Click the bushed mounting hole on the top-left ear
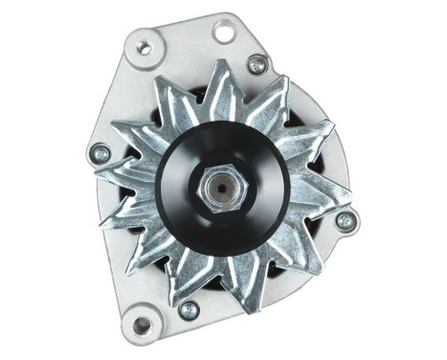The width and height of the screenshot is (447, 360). click(145, 45)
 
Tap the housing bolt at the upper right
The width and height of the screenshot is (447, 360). click(257, 64)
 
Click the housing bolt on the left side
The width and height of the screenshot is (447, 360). click(100, 152)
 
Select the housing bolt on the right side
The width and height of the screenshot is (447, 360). click(344, 220)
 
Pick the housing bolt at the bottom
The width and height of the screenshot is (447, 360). click(189, 309)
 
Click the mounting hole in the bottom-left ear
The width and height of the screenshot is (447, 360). click(142, 326)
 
